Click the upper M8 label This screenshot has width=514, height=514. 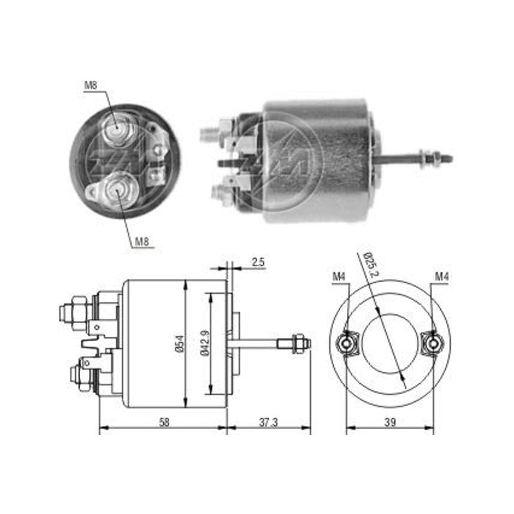point(91,85)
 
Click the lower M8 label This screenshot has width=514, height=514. point(142,242)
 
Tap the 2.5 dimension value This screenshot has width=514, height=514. point(258,262)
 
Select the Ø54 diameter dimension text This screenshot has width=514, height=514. point(180,343)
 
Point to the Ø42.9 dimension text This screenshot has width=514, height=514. point(205,342)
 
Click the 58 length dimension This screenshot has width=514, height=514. point(164,423)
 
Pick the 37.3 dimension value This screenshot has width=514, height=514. point(268,423)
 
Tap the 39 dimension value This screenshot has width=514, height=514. point(390,422)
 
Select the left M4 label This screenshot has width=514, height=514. point(339,277)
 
